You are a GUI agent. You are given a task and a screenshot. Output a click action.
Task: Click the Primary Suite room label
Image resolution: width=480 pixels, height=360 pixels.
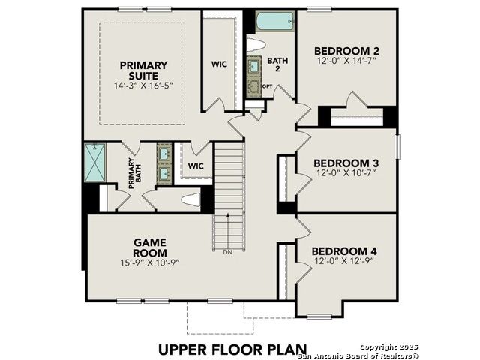pos(143,70)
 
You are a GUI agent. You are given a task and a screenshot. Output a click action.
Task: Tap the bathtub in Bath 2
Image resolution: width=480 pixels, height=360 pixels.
pos(275,21)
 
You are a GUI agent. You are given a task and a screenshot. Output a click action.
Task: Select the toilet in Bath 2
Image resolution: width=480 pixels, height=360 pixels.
pos(256,45)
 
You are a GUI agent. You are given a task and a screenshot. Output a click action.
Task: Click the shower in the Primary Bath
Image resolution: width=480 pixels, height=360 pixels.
pos(95,163)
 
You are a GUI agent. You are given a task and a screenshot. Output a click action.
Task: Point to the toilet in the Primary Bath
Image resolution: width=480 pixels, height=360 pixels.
pos(190,200)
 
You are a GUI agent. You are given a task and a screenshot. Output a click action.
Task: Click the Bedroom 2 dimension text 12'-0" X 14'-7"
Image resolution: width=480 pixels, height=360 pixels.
pos(346,60)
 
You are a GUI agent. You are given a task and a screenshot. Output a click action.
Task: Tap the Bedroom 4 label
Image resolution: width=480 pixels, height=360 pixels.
pos(344,251)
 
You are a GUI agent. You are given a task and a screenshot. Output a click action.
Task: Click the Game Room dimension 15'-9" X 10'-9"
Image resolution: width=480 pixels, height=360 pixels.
pos(150,262)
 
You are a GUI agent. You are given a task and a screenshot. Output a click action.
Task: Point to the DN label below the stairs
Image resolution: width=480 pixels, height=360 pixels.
pos(227,253)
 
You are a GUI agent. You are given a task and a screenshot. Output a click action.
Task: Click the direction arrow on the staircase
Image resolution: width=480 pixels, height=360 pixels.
pos(228,231)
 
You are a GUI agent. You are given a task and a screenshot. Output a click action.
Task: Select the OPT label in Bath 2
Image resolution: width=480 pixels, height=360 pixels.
pos(267,86)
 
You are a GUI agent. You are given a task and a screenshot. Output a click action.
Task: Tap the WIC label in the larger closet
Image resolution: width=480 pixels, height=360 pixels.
pos(219,64)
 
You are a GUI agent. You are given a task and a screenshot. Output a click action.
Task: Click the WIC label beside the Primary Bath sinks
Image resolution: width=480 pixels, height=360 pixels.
pos(196,166)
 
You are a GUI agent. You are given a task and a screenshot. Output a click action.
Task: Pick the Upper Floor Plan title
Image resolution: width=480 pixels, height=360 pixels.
pos(232,349)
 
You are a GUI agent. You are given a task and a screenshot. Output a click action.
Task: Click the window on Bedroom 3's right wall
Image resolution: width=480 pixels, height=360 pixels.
pos(397,147)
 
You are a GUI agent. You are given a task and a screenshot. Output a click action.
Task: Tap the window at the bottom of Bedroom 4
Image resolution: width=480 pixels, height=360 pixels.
pos(319,316)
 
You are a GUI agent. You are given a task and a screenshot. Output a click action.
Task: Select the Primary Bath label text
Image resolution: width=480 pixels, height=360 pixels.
pos(135,173)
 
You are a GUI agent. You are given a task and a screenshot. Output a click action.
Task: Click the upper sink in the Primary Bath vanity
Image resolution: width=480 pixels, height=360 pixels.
pos(164,153)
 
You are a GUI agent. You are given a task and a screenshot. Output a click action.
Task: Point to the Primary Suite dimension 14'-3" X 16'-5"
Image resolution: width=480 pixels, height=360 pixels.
pos(143,85)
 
